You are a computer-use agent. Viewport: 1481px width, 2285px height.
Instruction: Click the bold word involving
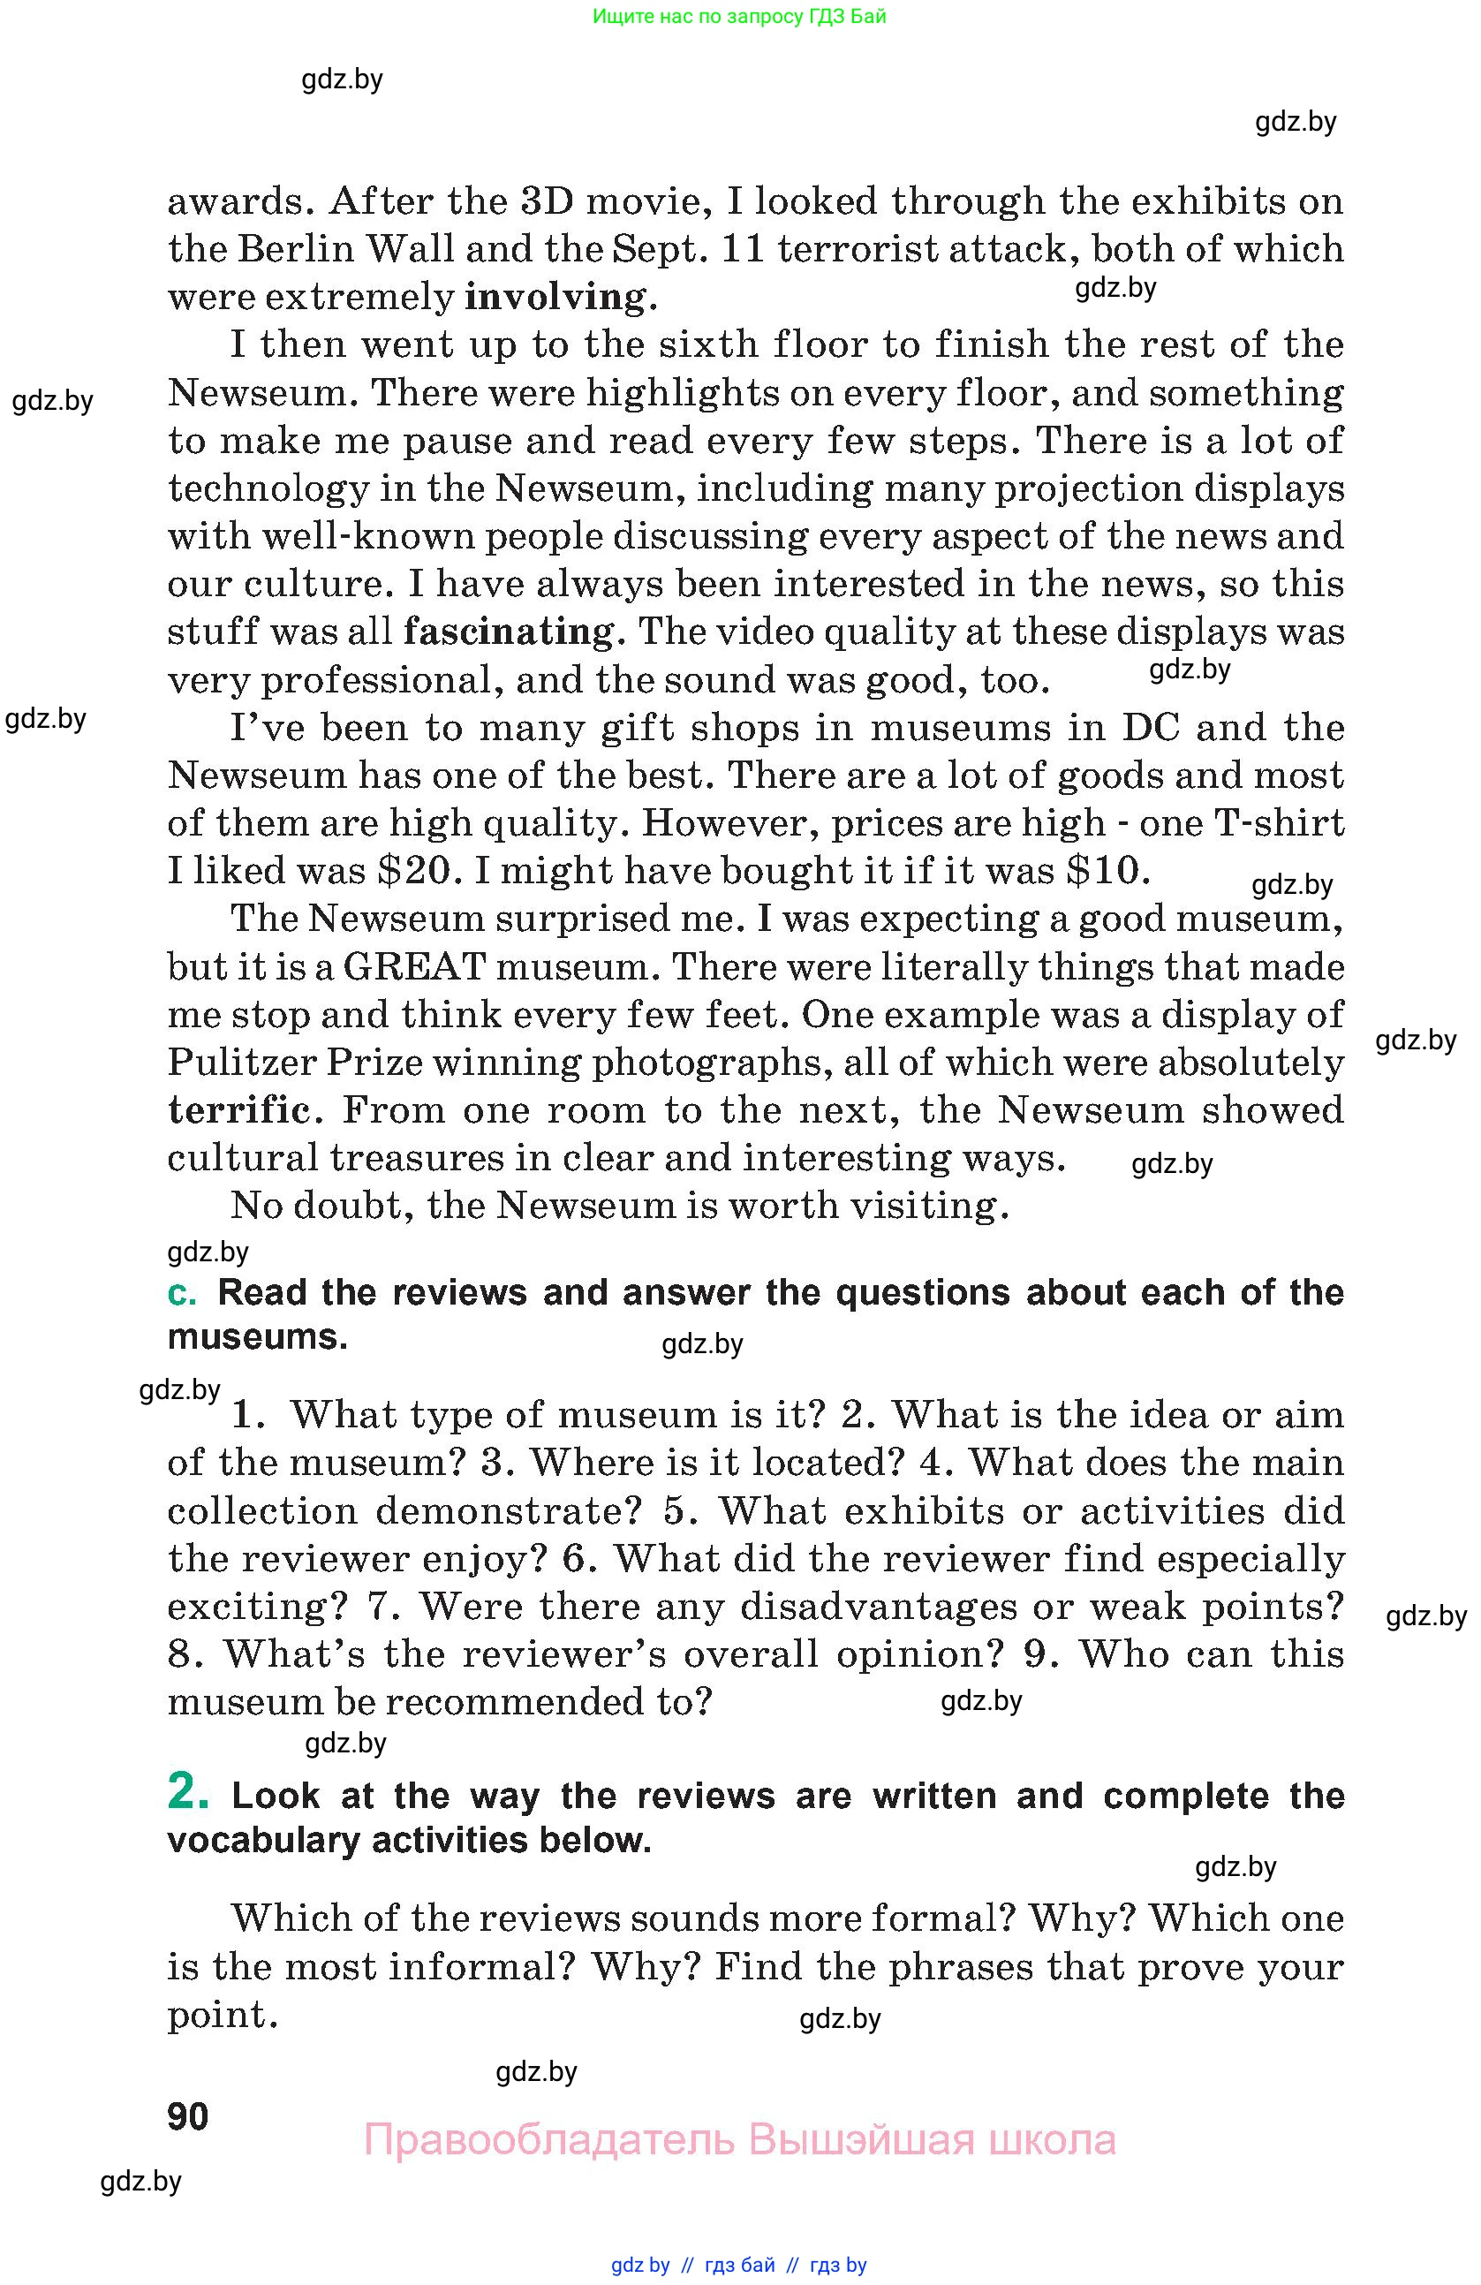click(x=555, y=297)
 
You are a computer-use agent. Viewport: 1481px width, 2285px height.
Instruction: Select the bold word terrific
click(x=239, y=1111)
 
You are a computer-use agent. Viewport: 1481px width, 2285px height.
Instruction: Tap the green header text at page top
click(x=739, y=16)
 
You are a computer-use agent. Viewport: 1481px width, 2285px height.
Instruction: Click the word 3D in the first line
click(x=546, y=201)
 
